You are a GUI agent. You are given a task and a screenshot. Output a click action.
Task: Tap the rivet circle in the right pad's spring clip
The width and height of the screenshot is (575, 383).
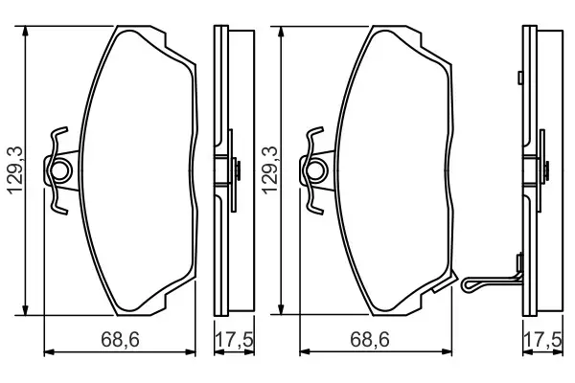314,172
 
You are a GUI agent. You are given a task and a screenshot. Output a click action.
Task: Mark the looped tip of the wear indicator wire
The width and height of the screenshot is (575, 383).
469,284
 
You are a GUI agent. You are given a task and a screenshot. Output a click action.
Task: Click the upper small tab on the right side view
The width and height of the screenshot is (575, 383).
518,76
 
